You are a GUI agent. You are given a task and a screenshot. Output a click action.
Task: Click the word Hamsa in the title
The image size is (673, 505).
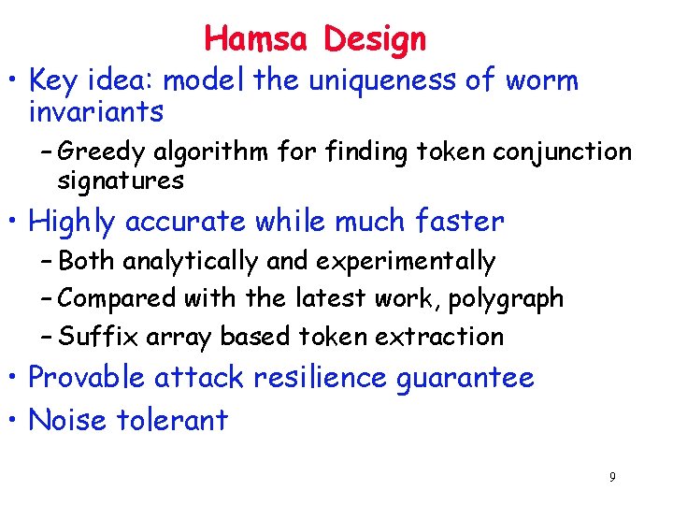click(259, 39)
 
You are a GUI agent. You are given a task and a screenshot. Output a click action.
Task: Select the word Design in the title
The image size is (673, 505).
click(375, 40)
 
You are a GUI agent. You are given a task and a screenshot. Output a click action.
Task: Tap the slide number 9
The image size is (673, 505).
click(612, 478)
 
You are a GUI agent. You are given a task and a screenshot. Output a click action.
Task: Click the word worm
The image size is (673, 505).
click(541, 81)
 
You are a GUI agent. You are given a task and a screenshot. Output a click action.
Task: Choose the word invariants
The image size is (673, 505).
click(96, 113)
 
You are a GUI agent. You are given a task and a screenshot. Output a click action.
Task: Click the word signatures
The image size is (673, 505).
click(121, 180)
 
